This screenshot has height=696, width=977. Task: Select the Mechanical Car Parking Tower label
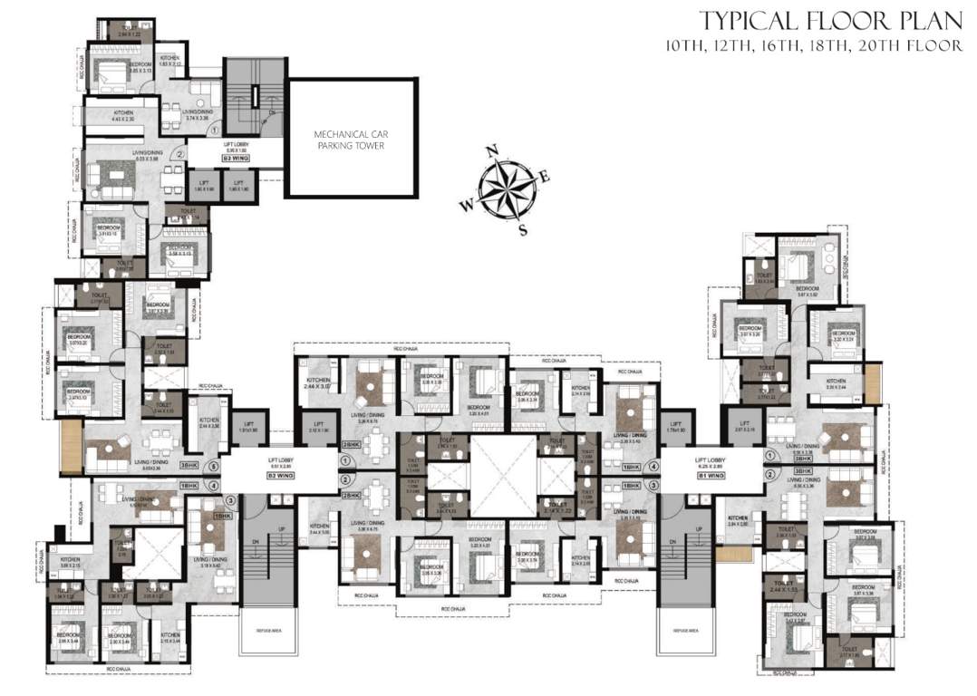[351, 140]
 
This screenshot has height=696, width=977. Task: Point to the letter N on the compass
[491, 150]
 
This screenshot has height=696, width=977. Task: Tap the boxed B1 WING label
[712, 474]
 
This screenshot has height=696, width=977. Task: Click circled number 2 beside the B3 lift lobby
[180, 155]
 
